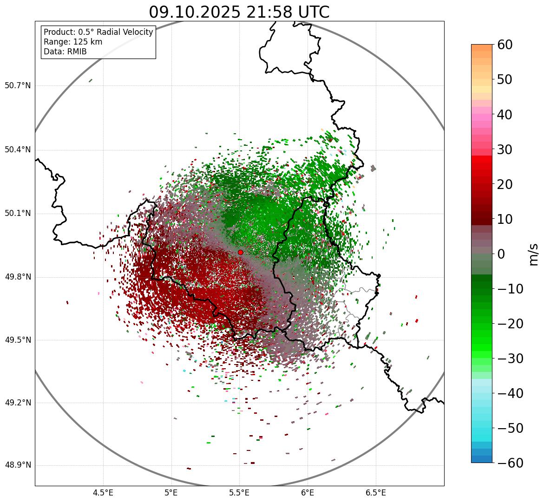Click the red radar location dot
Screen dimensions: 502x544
click(240, 252)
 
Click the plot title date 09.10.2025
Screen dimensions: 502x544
click(194, 12)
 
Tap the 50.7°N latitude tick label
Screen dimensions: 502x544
click(18, 86)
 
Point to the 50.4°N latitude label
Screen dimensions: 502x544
click(18, 150)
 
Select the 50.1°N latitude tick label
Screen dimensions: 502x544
click(18, 214)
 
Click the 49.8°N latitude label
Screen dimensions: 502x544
click(18, 277)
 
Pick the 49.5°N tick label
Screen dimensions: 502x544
click(18, 340)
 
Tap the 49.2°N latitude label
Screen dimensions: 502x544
click(18, 403)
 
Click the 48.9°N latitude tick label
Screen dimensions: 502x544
click(18, 465)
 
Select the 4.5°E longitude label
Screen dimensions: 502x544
click(103, 493)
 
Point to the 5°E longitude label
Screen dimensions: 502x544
click(171, 493)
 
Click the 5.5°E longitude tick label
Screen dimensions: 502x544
click(239, 493)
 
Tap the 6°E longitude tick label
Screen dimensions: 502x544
click(308, 493)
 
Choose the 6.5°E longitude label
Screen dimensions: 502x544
click(375, 493)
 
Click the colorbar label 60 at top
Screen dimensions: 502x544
click(505, 45)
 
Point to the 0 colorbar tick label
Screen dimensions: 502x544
click(501, 254)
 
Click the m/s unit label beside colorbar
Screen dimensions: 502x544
click(534, 254)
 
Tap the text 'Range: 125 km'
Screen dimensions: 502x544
click(73, 42)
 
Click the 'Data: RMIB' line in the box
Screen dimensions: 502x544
click(65, 52)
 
